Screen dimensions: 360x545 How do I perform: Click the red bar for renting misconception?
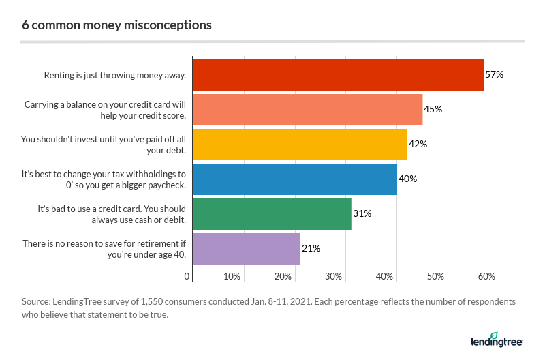[x=338, y=75]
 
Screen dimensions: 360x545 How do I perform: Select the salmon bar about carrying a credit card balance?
[x=307, y=110]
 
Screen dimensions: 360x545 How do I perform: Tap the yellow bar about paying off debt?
[x=300, y=145]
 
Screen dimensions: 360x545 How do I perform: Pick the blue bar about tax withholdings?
[x=294, y=179]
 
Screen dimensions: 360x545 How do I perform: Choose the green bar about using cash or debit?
[x=272, y=214]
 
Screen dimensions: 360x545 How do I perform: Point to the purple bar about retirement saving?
[x=247, y=249]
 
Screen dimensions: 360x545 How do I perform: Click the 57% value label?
[x=494, y=75]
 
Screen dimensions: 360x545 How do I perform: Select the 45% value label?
[x=433, y=110]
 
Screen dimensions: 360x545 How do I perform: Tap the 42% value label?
[x=418, y=145]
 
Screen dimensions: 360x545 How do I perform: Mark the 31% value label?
[x=362, y=214]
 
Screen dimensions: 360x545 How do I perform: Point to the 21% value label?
[x=311, y=249]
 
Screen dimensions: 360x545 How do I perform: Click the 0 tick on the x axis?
[x=187, y=277]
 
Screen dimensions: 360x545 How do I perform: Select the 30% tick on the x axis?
[x=334, y=277]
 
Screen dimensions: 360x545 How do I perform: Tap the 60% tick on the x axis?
[x=487, y=277]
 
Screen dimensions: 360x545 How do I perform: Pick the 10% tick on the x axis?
[x=232, y=277]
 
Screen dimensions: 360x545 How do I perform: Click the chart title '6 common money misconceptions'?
[x=116, y=25]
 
